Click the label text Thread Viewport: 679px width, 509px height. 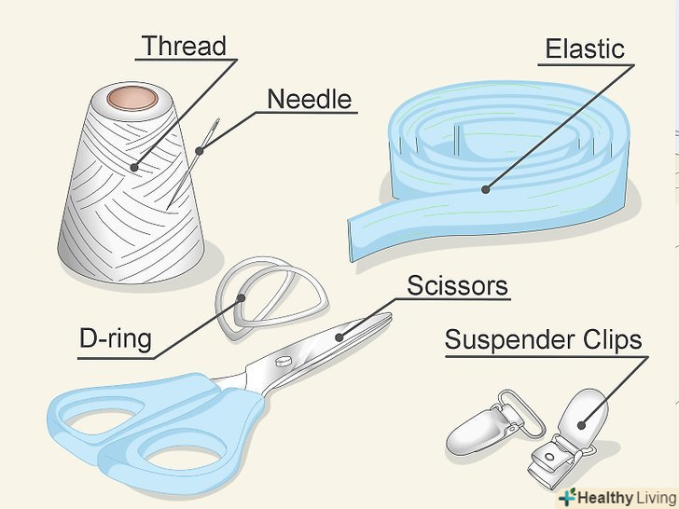coord(184,46)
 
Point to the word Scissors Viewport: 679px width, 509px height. coord(457,284)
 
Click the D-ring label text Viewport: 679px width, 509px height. coord(115,338)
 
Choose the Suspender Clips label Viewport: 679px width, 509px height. coord(543,339)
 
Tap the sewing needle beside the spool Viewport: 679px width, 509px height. coord(191,163)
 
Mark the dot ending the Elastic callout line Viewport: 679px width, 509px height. coord(485,189)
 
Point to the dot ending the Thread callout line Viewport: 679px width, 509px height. coord(133,169)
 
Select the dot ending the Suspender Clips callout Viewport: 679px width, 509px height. coord(582,425)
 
